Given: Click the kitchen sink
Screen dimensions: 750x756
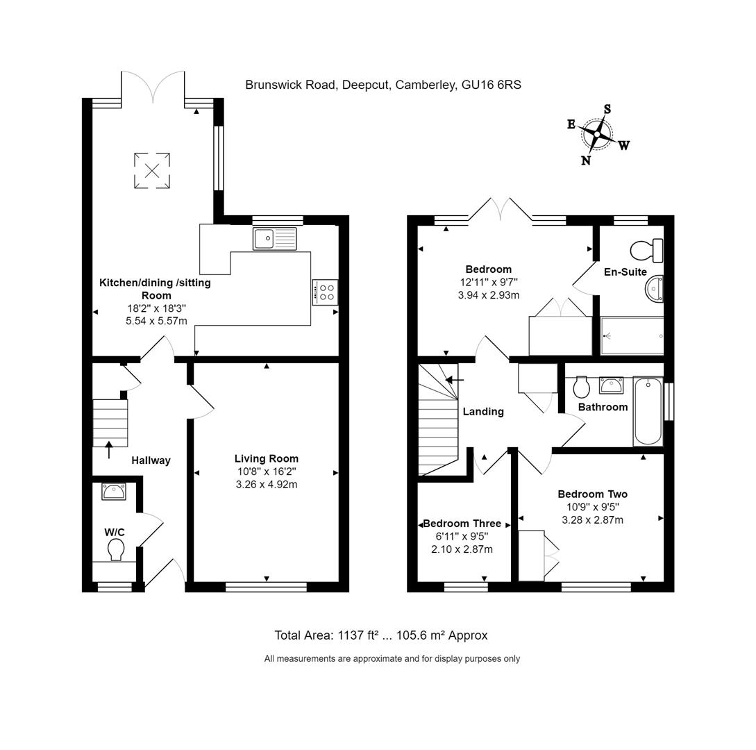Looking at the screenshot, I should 274,238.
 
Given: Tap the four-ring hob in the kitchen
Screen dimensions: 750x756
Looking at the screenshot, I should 325,292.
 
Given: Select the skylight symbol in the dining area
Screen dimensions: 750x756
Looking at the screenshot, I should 151,169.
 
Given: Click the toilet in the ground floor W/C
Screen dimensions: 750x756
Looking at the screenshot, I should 116,550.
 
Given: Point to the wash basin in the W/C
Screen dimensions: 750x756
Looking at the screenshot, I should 114,492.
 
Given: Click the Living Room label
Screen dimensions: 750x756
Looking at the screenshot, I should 266,458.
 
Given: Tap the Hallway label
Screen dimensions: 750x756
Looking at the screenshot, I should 151,460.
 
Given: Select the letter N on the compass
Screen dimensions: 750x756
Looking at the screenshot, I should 586,160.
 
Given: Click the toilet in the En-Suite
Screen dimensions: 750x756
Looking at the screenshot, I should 647,250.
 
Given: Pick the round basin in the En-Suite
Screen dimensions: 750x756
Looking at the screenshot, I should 654,289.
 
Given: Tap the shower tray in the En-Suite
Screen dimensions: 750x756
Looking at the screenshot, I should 631,336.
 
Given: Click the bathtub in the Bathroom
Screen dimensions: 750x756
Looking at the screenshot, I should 648,411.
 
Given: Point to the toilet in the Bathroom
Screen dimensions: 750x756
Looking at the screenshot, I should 581,387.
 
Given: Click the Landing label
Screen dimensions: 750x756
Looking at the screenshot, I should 483,412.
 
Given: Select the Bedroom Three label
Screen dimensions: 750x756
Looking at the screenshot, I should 462,524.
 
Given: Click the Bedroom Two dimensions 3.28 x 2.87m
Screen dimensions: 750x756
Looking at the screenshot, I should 592,519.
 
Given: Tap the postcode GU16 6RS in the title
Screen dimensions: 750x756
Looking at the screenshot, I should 492,85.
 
